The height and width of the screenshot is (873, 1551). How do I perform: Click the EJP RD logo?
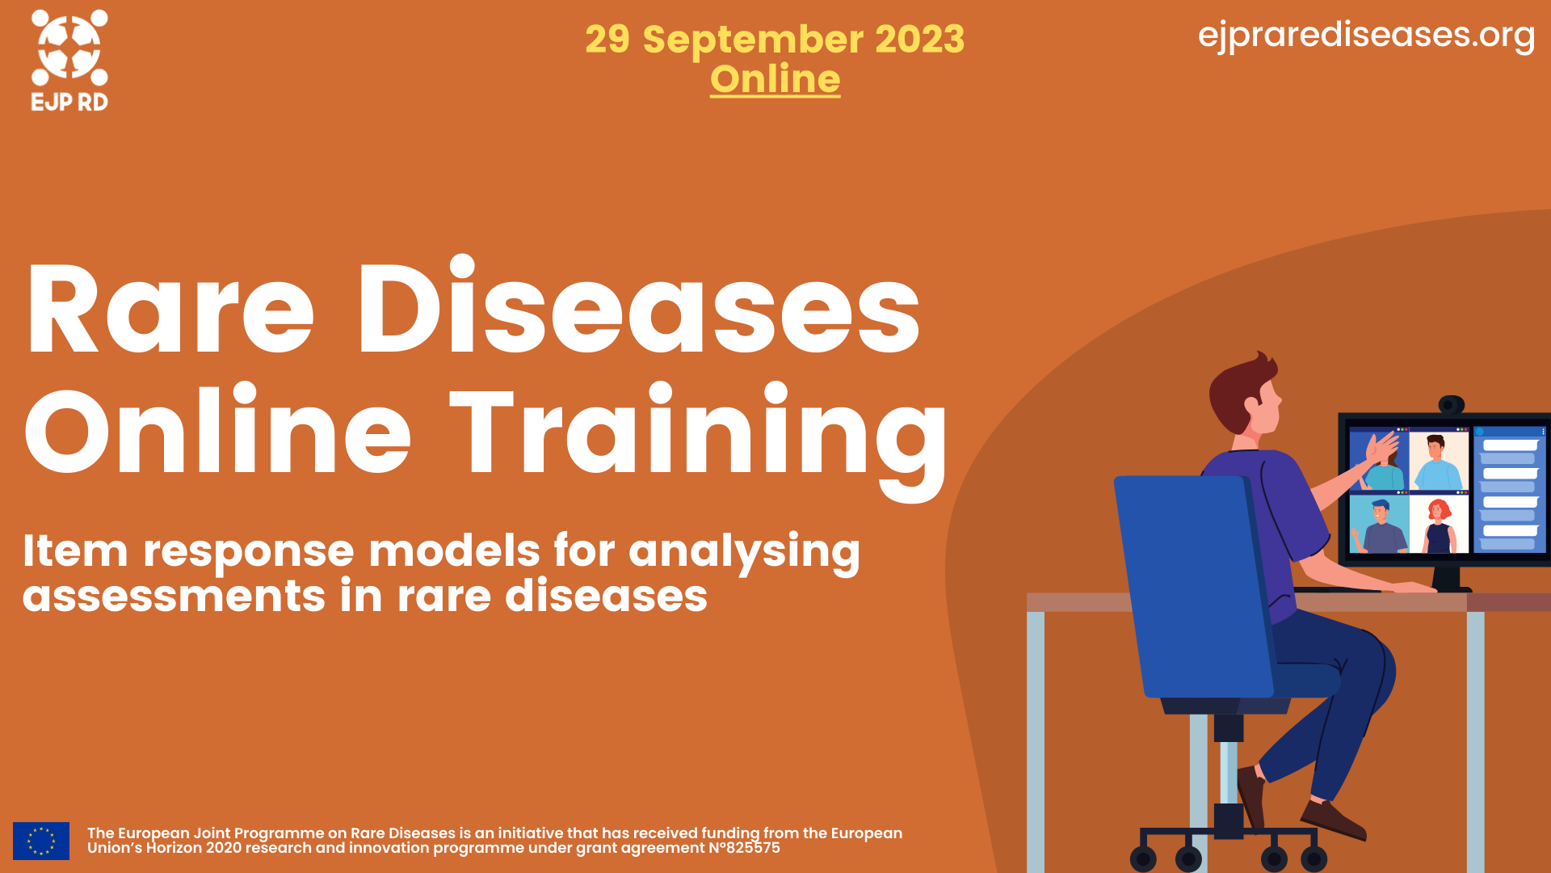coord(69,60)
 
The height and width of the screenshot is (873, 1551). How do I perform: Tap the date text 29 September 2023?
coord(774,39)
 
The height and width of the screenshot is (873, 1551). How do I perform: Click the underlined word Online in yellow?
coord(775,79)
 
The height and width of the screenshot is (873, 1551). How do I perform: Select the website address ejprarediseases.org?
coord(1366,35)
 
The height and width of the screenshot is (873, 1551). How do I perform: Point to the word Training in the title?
coord(698,432)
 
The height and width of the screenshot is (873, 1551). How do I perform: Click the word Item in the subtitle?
coord(75,551)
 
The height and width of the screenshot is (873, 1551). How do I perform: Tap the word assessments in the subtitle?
coord(174,597)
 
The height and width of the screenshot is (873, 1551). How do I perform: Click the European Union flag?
coord(41,841)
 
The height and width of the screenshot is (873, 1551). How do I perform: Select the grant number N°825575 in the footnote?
coord(744,848)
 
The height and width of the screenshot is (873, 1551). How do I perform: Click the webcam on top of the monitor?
coord(1451,404)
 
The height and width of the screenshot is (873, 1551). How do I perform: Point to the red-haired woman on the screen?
coord(1439,525)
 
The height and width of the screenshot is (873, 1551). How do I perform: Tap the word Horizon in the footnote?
coord(174,848)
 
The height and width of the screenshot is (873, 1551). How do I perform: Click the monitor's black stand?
coord(1446,578)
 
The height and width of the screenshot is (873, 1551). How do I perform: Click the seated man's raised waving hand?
coord(1383,449)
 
